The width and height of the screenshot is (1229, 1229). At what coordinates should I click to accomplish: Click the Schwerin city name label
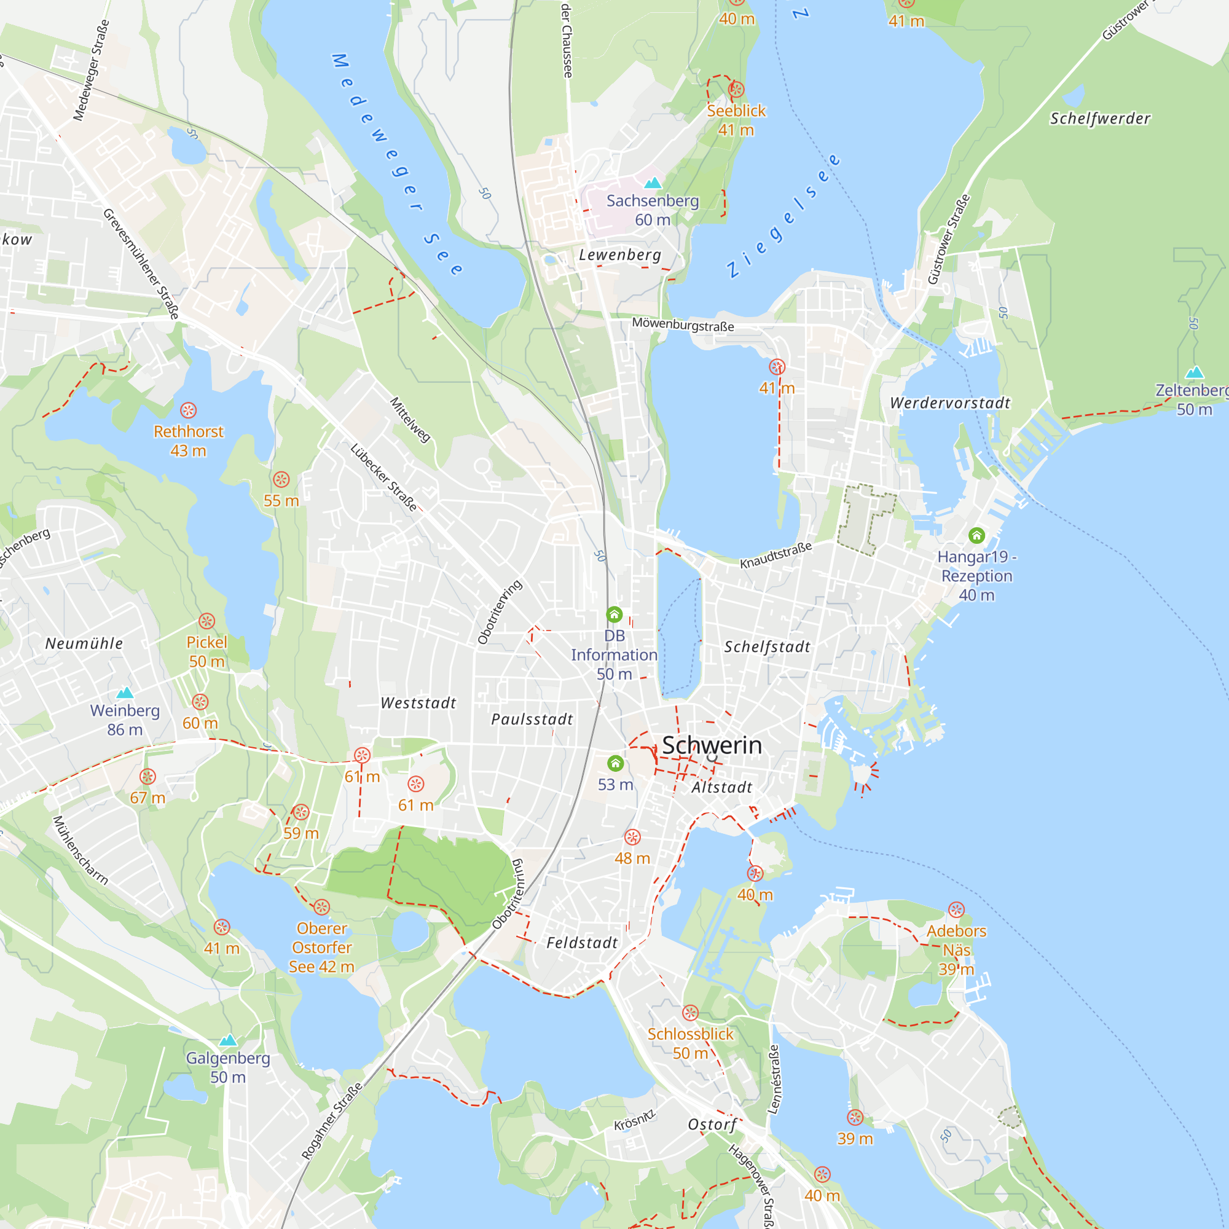[x=712, y=745]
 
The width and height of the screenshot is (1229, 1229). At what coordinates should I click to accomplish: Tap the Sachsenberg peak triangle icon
[x=653, y=183]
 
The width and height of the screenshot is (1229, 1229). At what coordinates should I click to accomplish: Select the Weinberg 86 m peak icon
[x=125, y=693]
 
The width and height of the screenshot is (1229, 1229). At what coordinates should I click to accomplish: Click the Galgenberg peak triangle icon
[x=229, y=1041]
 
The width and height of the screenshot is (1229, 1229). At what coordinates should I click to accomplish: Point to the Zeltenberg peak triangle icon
[x=1195, y=373]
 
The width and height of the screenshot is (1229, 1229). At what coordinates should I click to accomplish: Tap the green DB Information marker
[x=614, y=614]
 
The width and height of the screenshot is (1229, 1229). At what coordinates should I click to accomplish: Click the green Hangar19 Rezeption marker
[x=976, y=536]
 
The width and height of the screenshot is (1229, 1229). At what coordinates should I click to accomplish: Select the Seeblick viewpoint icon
[x=737, y=89]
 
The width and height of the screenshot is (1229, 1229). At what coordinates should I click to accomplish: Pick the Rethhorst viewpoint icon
[x=188, y=410]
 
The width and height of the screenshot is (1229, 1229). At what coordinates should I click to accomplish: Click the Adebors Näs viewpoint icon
[x=956, y=909]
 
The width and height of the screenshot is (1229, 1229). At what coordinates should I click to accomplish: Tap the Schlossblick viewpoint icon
[x=690, y=1013]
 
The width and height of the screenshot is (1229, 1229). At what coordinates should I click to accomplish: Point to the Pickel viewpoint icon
[x=206, y=621]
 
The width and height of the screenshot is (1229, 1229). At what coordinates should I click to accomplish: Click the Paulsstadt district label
[x=532, y=720]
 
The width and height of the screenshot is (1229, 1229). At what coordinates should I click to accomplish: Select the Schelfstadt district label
[x=767, y=647]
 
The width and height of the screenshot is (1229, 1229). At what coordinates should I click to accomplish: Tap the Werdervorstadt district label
[x=950, y=402]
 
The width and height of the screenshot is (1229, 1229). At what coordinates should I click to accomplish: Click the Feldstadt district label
[x=582, y=943]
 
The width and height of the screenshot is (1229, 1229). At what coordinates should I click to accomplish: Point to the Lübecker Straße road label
[x=384, y=477]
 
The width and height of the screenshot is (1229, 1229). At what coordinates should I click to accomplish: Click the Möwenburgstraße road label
[x=683, y=324]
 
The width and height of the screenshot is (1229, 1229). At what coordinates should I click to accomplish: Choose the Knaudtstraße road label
[x=775, y=556]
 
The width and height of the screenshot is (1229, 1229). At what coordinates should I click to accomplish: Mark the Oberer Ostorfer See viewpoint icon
[x=322, y=907]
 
